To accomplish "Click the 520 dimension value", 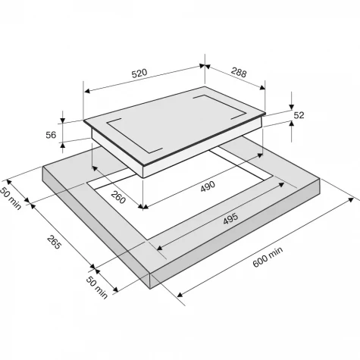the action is tap(139, 73).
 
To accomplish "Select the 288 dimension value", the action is tap(239, 73).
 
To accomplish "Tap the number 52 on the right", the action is tap(299, 115).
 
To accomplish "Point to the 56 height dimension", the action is tap(51, 135).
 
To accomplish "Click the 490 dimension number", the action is tap(208, 186).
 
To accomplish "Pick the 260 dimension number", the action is tap(118, 198).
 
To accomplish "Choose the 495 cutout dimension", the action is tap(230, 218).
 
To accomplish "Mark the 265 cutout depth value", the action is tap(54, 242).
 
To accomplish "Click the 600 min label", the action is tap(268, 257).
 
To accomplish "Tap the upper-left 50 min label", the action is tap(10, 199).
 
